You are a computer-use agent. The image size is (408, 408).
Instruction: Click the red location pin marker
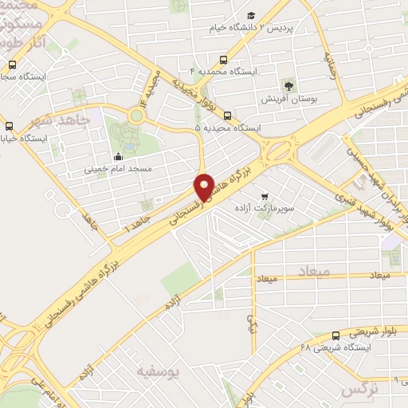click(204, 187)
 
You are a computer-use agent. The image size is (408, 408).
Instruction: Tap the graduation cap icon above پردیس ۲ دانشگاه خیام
click(251, 16)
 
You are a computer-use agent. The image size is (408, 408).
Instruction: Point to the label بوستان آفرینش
click(287, 101)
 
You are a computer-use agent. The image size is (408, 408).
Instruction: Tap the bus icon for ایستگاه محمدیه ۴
click(224, 60)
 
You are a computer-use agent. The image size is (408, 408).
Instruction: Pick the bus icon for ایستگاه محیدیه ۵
click(228, 116)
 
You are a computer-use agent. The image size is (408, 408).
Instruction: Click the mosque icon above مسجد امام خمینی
click(119, 156)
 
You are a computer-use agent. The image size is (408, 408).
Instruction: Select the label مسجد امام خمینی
click(118, 170)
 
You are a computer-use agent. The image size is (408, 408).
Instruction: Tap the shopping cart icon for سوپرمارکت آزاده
click(265, 195)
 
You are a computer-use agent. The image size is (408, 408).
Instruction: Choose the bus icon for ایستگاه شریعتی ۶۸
click(335, 335)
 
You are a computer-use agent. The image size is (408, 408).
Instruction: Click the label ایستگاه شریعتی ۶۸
click(328, 348)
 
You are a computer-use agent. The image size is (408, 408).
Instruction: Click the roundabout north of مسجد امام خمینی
click(138, 116)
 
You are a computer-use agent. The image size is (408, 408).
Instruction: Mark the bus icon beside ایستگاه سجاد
click(11, 65)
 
